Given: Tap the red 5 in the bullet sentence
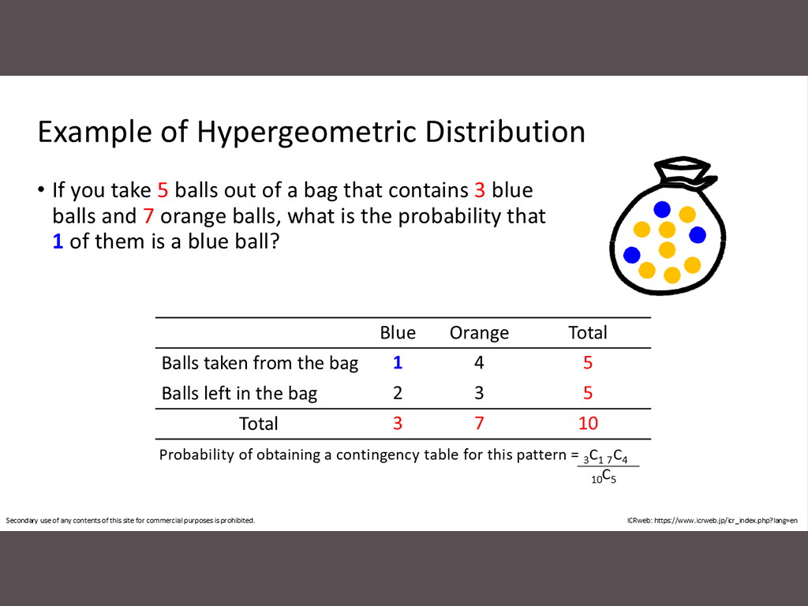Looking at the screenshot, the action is (x=163, y=190).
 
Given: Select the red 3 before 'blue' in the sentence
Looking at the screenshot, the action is (x=480, y=190).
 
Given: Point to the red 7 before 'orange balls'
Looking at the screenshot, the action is (x=149, y=216).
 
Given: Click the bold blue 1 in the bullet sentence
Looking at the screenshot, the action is (x=58, y=241).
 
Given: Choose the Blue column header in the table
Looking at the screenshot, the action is (x=398, y=332).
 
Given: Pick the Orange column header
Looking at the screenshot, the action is (x=479, y=333).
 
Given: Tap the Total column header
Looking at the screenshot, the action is (x=587, y=332).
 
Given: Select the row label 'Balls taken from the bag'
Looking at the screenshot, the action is (x=260, y=363).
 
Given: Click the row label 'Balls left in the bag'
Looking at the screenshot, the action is (x=239, y=393).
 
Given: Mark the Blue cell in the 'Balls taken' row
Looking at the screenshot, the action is (x=398, y=363).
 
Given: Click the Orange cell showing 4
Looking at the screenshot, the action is (x=479, y=363).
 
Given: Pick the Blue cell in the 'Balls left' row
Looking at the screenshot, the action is (x=398, y=393).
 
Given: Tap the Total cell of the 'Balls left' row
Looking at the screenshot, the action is (x=588, y=393).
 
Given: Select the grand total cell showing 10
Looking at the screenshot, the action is (x=588, y=423).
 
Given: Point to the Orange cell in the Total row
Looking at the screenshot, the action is (x=479, y=423).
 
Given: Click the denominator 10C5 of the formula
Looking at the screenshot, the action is (x=604, y=477).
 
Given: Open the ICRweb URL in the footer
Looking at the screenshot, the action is (x=726, y=521).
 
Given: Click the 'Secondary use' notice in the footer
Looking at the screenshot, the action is (x=130, y=521).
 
